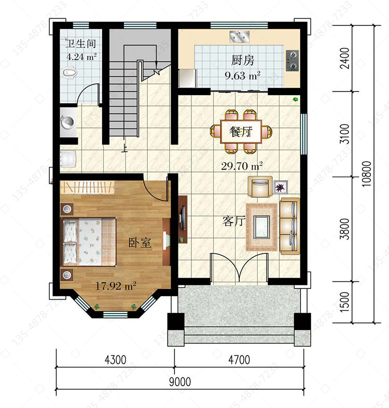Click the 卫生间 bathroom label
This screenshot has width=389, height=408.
point(80,44)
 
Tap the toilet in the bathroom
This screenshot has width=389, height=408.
point(70,73)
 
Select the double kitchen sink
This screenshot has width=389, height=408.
point(240,37)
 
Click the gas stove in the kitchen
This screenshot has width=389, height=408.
point(293,61)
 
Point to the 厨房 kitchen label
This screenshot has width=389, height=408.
point(243,60)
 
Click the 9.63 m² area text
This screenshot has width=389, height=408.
point(242,76)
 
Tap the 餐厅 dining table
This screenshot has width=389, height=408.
point(241,131)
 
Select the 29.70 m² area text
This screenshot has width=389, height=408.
point(242,166)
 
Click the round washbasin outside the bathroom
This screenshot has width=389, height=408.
point(68,122)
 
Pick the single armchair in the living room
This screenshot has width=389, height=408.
point(260,187)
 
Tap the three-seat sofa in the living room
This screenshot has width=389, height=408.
point(289,226)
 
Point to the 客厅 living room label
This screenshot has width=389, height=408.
point(234,221)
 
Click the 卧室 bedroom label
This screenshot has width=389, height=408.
point(140,243)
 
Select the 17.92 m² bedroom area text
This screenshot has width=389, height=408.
point(116,286)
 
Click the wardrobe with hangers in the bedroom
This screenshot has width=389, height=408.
point(87,187)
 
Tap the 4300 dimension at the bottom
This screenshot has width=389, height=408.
point(116,360)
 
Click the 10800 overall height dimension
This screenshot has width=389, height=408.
point(367,174)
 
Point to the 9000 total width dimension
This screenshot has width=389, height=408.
point(180,381)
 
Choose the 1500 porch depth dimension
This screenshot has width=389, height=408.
point(345,302)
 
